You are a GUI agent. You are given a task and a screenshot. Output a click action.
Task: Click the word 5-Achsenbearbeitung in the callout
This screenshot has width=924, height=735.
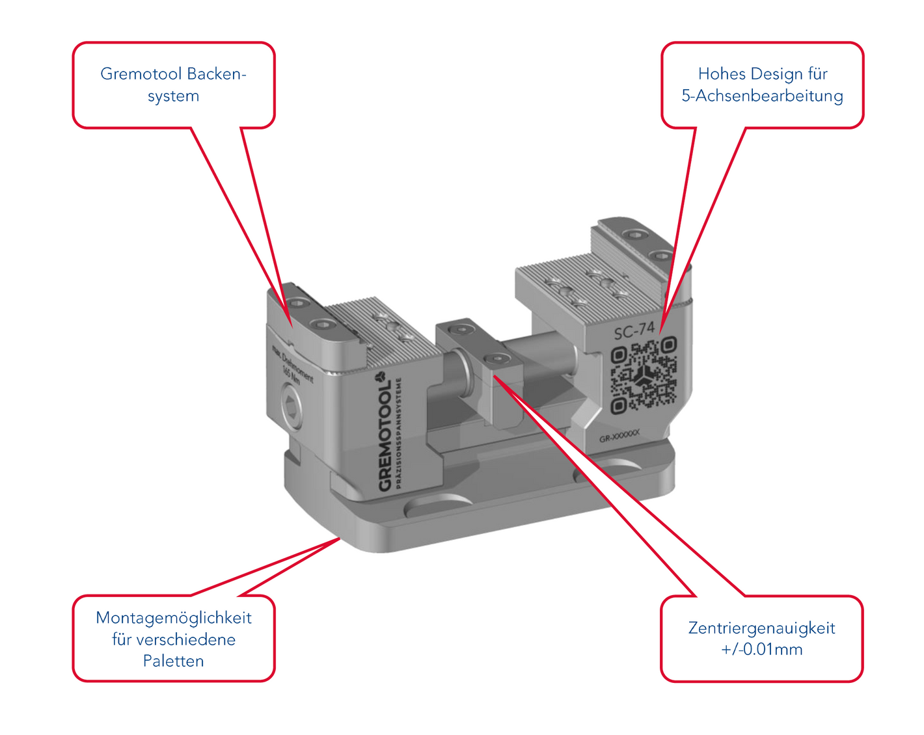762,96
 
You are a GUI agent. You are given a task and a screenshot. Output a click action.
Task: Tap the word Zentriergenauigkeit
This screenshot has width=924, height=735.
761,628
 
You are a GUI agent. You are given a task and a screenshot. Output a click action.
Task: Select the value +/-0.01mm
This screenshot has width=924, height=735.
761,649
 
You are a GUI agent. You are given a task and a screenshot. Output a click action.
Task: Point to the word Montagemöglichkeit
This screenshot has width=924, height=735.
173,617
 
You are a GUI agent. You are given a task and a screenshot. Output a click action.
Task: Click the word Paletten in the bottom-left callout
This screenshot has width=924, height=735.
173,661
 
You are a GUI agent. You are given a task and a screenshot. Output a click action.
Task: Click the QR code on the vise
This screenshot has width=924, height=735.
644,376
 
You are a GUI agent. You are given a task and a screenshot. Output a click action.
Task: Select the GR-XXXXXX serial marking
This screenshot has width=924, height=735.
619,438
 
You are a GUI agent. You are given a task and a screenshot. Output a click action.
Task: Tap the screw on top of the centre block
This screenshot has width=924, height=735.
496,358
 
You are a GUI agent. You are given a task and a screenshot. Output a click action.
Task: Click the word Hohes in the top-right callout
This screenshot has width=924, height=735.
722,73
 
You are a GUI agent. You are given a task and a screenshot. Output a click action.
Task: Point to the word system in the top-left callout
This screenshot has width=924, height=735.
173,96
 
